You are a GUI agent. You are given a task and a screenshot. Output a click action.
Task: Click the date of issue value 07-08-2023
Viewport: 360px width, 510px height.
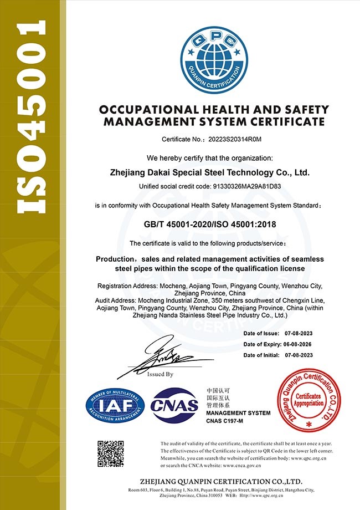coord(299,333)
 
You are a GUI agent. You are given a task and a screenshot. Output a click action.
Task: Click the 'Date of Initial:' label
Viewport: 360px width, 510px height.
coord(262,355)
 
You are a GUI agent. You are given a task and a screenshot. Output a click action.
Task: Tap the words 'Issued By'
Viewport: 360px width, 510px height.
coord(161,374)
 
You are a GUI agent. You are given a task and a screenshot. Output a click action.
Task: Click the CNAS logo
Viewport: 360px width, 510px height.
coord(175,405)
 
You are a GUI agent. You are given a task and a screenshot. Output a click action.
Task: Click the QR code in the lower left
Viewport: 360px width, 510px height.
coord(110,453)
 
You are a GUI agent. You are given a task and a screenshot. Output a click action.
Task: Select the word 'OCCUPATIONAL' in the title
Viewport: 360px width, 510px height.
coord(143,110)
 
